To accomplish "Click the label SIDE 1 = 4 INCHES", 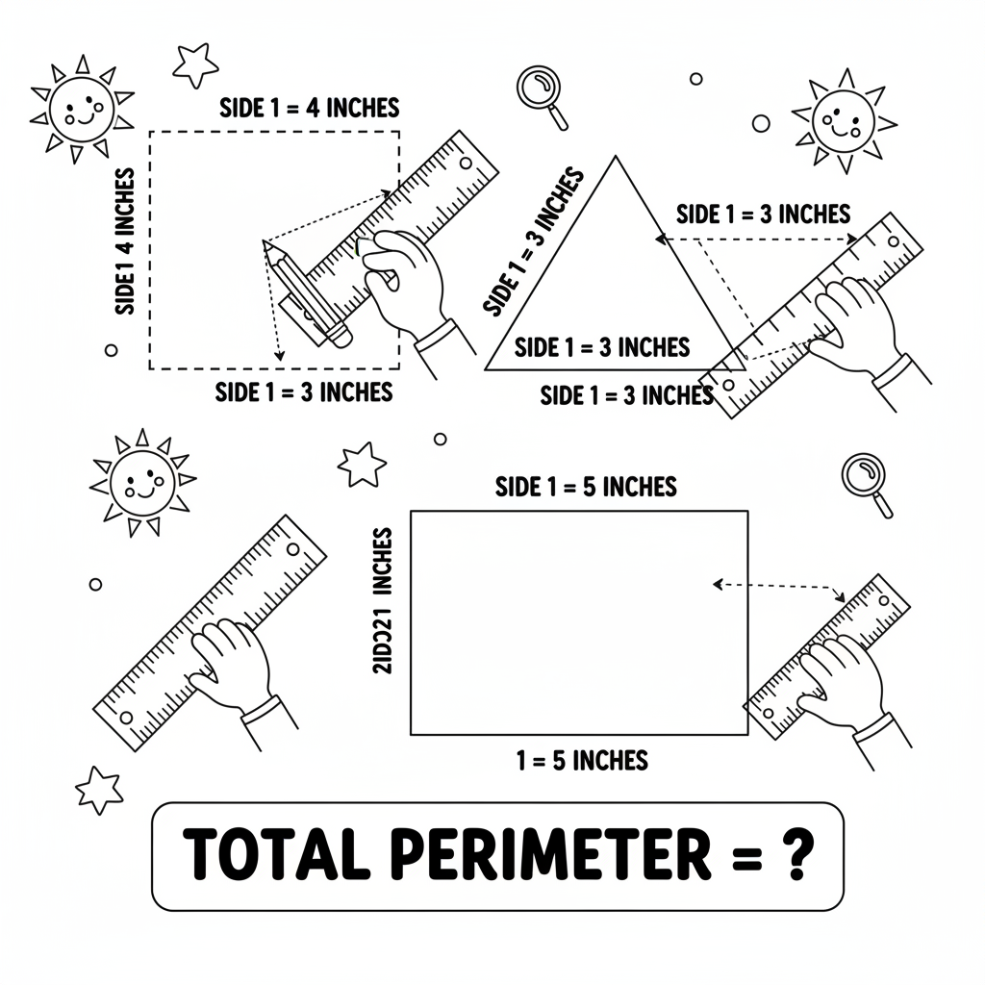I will coord(309,107).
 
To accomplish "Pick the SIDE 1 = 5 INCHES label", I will coord(586,487).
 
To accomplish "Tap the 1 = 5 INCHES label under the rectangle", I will coord(582,761).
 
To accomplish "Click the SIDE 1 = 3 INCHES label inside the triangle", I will coord(602,347).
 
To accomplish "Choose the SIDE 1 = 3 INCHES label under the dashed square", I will coord(304,392).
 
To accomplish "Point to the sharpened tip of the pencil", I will coord(266,244).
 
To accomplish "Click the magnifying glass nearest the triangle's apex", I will coord(539,89).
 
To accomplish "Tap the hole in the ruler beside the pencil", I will coord(466,163).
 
